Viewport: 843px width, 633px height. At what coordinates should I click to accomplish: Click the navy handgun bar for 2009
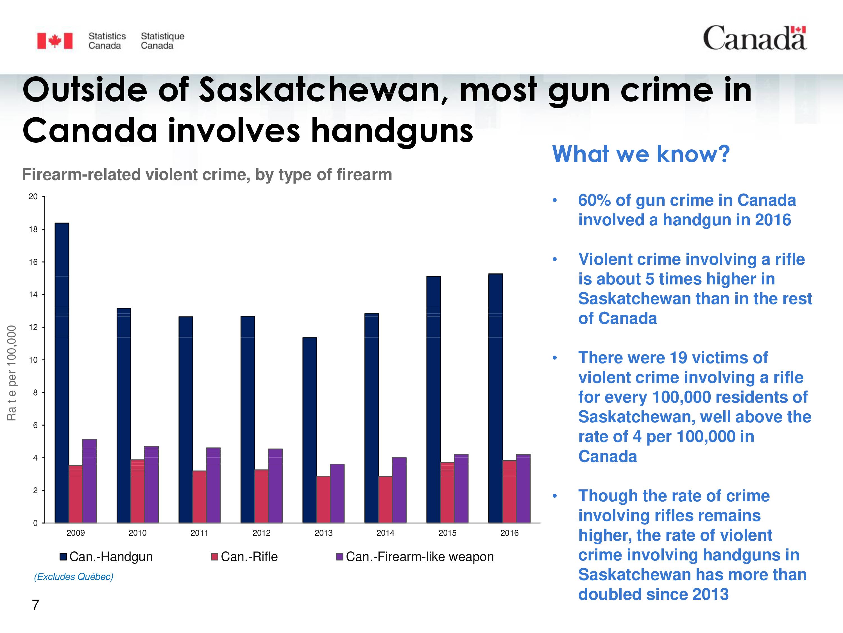click(62, 373)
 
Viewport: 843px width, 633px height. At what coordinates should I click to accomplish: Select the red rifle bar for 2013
click(323, 499)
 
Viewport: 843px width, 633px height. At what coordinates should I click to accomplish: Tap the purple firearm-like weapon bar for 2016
click(523, 489)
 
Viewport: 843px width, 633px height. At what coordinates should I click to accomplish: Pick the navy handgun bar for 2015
click(434, 399)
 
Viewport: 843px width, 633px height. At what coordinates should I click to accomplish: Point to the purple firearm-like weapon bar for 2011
click(213, 485)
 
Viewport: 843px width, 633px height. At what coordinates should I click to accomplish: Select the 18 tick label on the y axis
click(33, 229)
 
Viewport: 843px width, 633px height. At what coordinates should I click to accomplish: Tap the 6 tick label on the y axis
click(35, 425)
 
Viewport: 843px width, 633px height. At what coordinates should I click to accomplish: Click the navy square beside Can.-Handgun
click(64, 557)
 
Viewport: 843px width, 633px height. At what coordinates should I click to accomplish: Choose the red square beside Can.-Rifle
click(215, 557)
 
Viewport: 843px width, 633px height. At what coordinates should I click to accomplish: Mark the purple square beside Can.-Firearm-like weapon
click(339, 557)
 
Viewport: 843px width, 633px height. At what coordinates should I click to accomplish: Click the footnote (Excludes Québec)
click(74, 576)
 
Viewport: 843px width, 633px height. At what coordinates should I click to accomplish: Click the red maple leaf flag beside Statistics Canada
click(55, 41)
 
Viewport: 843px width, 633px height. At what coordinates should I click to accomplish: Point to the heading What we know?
click(641, 154)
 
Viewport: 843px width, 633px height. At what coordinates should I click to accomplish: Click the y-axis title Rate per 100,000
click(12, 373)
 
